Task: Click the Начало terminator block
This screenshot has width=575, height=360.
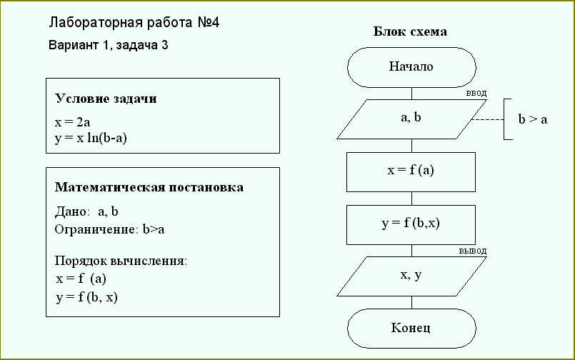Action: [411, 67]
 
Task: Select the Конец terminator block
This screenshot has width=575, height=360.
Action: [411, 329]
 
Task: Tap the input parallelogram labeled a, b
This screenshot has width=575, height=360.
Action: [411, 119]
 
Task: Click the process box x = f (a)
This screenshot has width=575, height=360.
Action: [411, 171]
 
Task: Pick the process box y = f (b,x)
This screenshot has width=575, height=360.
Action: [411, 224]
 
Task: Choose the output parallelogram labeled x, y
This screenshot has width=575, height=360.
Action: [411, 276]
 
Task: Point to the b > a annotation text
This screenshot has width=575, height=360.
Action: [532, 119]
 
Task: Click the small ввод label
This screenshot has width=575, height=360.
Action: [476, 93]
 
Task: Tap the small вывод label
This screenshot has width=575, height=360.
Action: [473, 251]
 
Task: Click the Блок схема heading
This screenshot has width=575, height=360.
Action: [411, 31]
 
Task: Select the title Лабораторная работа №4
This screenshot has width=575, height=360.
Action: [135, 22]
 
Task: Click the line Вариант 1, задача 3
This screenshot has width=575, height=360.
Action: [108, 45]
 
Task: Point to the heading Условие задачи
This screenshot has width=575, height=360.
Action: [106, 99]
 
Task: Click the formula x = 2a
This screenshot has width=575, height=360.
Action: [72, 122]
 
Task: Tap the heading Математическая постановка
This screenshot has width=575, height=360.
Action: [149, 187]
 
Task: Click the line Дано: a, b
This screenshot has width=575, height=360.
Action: [86, 212]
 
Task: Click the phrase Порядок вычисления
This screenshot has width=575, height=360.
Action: [121, 261]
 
